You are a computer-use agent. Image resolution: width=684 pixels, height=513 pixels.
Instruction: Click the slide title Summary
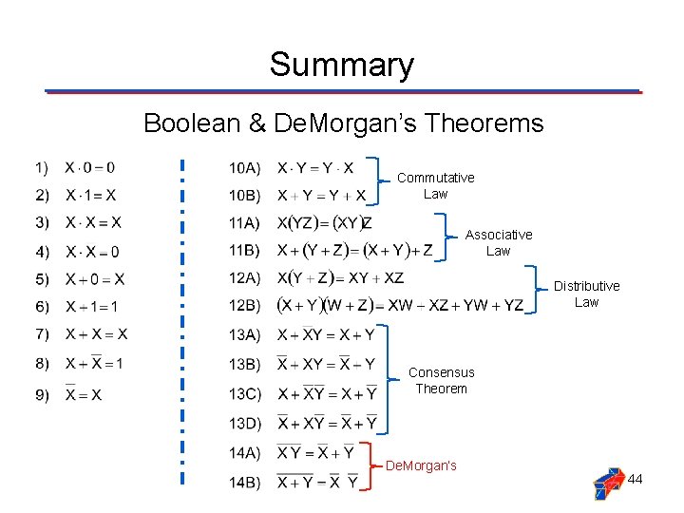pyautogui.click(x=341, y=66)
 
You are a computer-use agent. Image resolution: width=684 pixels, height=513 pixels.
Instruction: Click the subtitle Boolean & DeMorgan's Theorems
pyautogui.click(x=343, y=123)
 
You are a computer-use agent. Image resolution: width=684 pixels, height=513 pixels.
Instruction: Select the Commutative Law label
pyautogui.click(x=435, y=185)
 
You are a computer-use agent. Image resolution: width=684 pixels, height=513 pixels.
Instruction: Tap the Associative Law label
pyautogui.click(x=498, y=242)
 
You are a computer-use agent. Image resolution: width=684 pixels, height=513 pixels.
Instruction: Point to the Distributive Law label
pyautogui.click(x=586, y=294)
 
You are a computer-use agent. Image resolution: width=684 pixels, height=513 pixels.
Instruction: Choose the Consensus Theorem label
pyautogui.click(x=441, y=380)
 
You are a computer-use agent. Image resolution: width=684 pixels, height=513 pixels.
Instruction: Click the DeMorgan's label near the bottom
pyautogui.click(x=421, y=465)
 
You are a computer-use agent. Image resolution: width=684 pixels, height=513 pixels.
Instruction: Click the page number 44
pyautogui.click(x=635, y=479)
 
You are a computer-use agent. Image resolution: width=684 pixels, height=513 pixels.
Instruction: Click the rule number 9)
pyautogui.click(x=41, y=394)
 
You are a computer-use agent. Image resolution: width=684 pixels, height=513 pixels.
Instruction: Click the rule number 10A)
pyautogui.click(x=244, y=168)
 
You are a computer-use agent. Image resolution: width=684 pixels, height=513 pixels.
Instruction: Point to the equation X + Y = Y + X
pyautogui.click(x=321, y=196)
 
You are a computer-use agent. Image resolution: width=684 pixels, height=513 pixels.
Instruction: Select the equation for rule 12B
pyautogui.click(x=399, y=306)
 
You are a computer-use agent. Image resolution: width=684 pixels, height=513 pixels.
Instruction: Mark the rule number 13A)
pyautogui.click(x=244, y=334)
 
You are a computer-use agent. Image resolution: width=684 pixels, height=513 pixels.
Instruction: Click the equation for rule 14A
pyautogui.click(x=315, y=452)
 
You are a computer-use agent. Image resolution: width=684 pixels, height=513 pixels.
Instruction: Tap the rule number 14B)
pyautogui.click(x=244, y=483)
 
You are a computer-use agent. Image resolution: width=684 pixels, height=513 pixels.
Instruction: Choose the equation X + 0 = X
pyautogui.click(x=94, y=279)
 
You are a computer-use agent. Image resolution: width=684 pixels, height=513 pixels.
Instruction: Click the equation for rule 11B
pyautogui.click(x=354, y=251)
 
